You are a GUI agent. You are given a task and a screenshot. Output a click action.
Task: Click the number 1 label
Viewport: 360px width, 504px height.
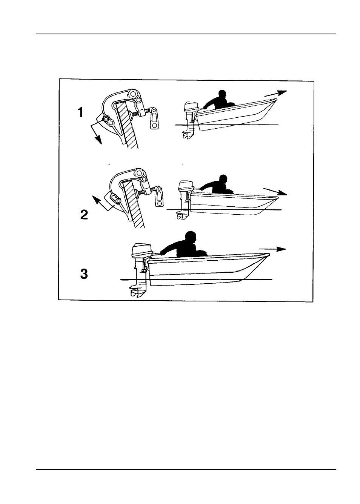click(80, 112)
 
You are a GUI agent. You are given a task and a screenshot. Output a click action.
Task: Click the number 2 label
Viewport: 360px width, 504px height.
click(84, 215)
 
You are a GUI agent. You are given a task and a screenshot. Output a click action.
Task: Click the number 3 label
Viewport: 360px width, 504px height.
click(84, 274)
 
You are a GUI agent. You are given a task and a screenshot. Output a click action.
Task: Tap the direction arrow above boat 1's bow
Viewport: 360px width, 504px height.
click(275, 93)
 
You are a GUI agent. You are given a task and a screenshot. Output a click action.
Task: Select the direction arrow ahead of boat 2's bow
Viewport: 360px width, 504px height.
click(275, 191)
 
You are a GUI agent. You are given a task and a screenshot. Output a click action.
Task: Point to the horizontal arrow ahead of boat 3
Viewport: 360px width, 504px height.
click(272, 249)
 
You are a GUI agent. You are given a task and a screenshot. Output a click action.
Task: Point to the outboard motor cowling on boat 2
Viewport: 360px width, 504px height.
click(186, 185)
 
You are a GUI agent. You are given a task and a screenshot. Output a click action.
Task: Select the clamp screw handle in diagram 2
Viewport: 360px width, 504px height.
click(159, 196)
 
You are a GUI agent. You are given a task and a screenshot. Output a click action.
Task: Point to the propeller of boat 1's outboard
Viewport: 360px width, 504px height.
click(186, 136)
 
